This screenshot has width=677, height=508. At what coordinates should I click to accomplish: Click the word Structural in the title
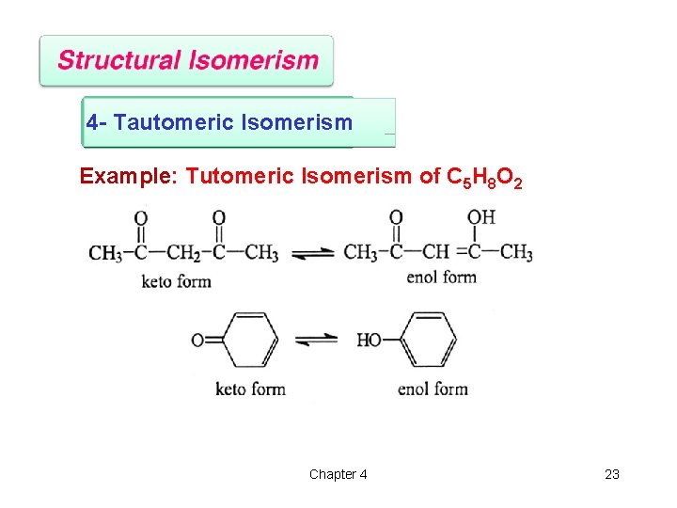(119, 61)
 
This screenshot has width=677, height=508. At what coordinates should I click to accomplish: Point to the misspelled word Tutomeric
(238, 176)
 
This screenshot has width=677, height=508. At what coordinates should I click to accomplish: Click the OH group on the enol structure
(480, 217)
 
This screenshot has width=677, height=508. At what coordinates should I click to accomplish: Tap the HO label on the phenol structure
(369, 340)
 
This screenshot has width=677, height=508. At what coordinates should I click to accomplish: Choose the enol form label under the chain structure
(441, 277)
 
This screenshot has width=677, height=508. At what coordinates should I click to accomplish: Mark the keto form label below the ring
(250, 389)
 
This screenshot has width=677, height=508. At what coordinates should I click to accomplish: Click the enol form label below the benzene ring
(433, 389)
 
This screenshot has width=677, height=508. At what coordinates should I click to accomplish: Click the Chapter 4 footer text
(338, 474)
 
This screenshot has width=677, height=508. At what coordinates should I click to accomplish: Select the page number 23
(612, 474)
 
